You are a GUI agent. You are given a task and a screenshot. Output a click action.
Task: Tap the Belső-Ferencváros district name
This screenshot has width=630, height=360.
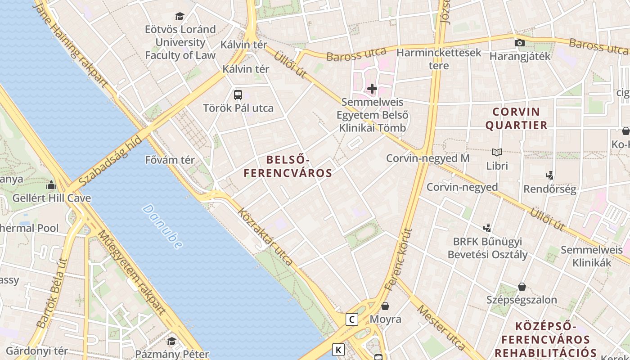point(288,166)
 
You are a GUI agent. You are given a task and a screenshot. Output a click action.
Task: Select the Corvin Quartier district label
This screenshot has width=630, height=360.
point(516,118)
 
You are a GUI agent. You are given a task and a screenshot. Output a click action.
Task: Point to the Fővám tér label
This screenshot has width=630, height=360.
point(170,160)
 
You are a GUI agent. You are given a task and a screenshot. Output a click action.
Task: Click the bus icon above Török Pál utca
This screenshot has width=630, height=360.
point(238,95)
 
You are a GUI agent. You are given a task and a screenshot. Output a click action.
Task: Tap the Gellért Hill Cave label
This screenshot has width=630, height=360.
point(51,198)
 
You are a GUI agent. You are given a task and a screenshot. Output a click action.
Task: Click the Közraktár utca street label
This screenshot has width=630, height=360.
point(265,237)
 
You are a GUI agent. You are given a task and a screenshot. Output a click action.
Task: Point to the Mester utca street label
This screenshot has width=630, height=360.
point(441,327)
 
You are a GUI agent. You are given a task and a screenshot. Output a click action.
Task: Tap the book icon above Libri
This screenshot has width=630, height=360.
point(497,153)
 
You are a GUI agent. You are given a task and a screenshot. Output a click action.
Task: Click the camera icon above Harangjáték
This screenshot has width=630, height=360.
point(520,43)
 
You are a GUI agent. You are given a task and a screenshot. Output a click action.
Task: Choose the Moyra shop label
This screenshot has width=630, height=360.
point(385,319)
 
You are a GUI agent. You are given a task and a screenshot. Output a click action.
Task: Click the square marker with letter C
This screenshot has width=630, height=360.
point(352,319)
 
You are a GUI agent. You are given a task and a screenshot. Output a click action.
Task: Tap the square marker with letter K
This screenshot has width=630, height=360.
point(338,349)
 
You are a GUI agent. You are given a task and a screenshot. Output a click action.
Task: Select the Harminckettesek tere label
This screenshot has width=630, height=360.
point(439,59)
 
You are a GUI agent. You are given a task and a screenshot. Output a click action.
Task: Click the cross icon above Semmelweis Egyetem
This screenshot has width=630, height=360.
point(372,89)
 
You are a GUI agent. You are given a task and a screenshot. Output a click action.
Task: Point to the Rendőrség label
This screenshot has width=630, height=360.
point(549,189)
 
